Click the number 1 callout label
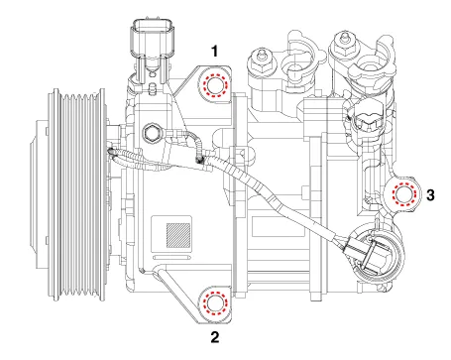tap(215, 52)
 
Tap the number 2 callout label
tap(215, 337)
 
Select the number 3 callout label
tap(430, 195)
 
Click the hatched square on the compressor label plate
tap(178, 235)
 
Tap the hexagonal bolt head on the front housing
tap(151, 133)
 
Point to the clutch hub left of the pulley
tap(39, 194)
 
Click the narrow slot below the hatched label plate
tap(172, 257)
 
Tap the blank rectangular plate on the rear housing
tap(279, 226)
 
